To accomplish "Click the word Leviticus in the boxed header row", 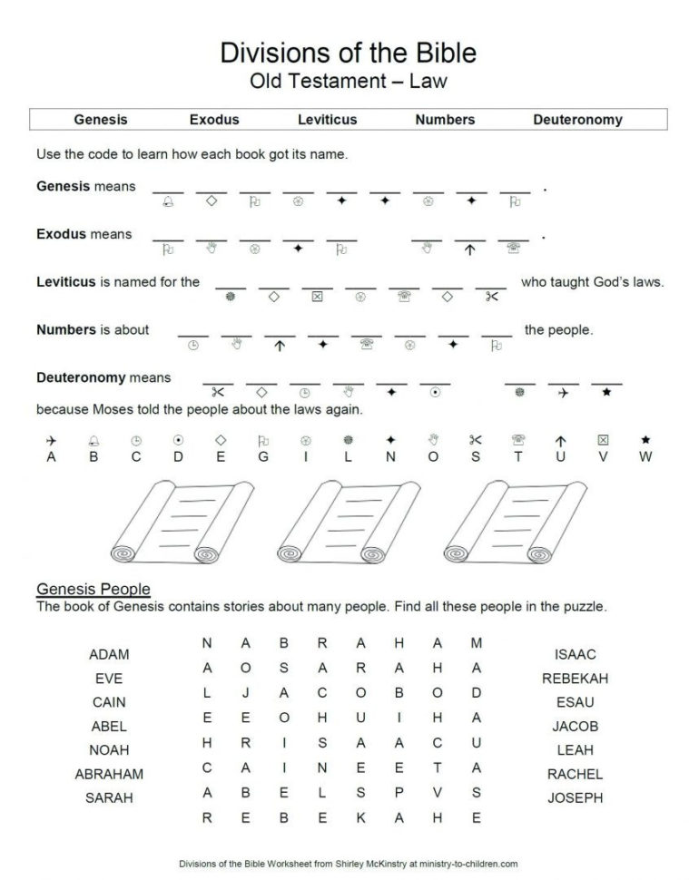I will pos(327,119).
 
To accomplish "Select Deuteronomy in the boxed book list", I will pos(577,119).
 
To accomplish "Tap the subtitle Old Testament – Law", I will pos(348,82).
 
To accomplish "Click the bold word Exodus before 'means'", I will pos(61,234).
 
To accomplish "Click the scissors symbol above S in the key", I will pos(476,440).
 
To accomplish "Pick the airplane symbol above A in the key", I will pos(51,440).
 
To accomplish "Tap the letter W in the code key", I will pos(645,457).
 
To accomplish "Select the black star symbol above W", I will pos(645,440).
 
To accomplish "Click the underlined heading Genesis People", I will pos(93,590).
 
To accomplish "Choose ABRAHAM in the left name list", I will pos(109,774).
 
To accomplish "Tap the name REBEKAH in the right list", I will pos(575,678).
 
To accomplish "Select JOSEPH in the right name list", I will pos(575,797).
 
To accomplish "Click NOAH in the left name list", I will pos(109,750).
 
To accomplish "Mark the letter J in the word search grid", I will pos(246,692).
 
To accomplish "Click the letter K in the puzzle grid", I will pos(360,816).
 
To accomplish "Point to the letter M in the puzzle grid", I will pos(476,643).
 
